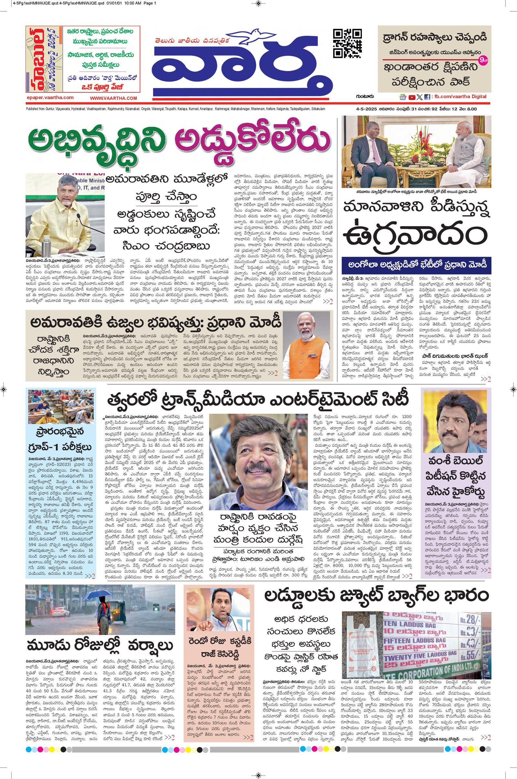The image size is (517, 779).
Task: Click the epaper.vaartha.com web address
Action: (50, 98)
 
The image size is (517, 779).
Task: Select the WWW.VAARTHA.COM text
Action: (113, 98)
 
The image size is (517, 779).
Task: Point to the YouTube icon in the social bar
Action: (412, 97)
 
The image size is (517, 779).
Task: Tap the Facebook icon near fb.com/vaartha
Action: (427, 97)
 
